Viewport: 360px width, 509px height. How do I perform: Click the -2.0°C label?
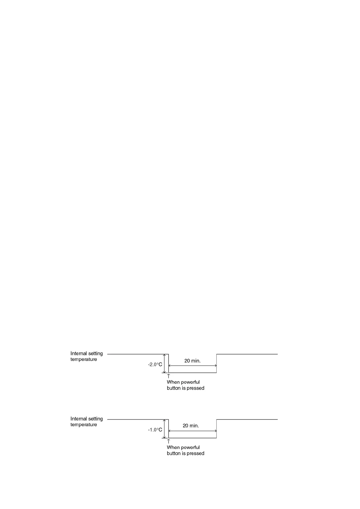155,365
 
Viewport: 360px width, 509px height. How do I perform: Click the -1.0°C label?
155,430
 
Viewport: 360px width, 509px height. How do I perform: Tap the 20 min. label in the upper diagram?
192,361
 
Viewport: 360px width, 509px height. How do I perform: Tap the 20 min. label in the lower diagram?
191,426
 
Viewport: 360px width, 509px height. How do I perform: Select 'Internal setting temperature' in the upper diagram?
87,356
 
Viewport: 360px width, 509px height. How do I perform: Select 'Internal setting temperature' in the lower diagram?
87,422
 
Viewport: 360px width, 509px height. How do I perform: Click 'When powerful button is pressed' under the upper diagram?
185,385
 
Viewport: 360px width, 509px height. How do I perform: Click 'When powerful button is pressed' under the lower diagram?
185,450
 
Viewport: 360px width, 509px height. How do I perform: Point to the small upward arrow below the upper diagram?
169,376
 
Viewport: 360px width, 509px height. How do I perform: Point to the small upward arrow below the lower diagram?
169,441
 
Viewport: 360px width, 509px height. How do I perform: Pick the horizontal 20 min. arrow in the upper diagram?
192,366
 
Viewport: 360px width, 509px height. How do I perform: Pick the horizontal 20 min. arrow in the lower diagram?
192,431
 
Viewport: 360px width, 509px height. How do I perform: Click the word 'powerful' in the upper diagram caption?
190,382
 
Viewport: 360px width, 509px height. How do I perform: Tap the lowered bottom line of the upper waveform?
192,373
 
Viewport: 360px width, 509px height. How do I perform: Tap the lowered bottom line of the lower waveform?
192,438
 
